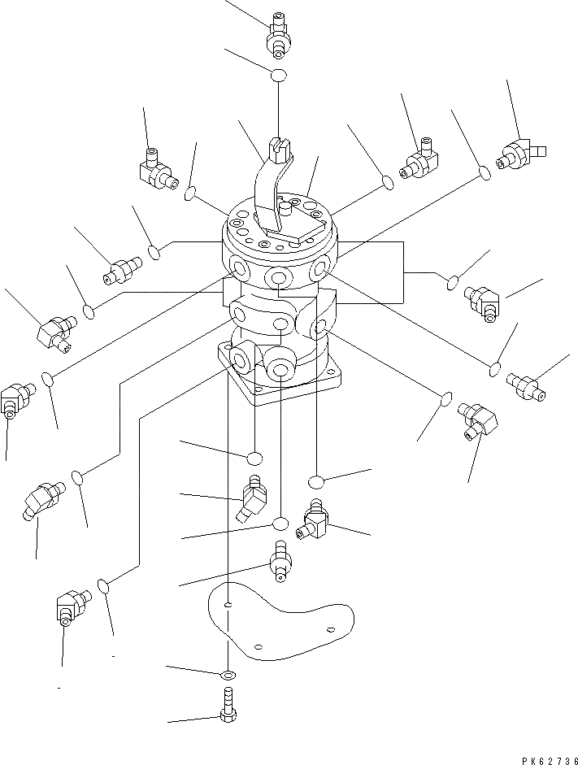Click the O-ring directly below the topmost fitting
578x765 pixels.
[x=278, y=76]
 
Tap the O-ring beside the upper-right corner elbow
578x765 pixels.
[x=483, y=173]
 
